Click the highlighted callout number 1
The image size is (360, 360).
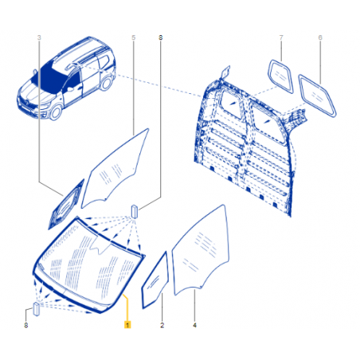[x=127, y=325]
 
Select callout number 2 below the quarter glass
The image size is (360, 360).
[x=162, y=325]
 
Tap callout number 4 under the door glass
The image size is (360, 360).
[x=195, y=325]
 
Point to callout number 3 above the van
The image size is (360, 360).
[x=39, y=37]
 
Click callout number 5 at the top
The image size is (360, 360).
[x=134, y=37]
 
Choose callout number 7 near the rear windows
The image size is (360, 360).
[x=281, y=37]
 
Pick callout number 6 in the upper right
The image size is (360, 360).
[x=320, y=37]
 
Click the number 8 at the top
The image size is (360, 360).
[x=161, y=37]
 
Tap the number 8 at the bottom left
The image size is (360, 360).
[x=26, y=325]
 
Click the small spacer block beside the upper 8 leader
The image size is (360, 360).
[x=135, y=211]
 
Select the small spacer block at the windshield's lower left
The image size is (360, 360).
[x=37, y=309]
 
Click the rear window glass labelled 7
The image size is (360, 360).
[x=281, y=76]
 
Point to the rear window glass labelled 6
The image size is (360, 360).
[x=317, y=96]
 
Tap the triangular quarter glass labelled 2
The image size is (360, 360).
[x=155, y=280]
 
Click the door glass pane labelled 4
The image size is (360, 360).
[x=201, y=250]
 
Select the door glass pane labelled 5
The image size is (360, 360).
[x=115, y=169]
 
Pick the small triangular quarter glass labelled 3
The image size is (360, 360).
[x=66, y=205]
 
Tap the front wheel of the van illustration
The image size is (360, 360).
[x=56, y=112]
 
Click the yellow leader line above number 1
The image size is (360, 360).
[x=127, y=307]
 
